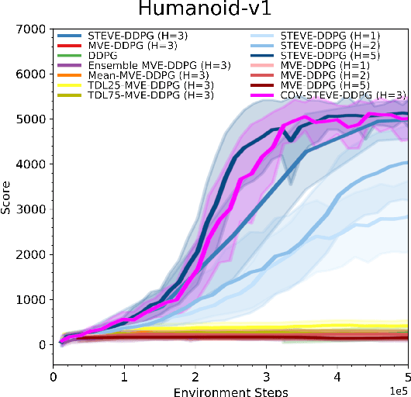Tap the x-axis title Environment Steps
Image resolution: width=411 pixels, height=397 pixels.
click(x=230, y=390)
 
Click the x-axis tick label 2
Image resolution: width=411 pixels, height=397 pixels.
click(x=195, y=375)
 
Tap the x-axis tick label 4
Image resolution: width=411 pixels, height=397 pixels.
click(x=337, y=375)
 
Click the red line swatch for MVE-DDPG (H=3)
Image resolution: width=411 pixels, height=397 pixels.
click(x=69, y=47)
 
